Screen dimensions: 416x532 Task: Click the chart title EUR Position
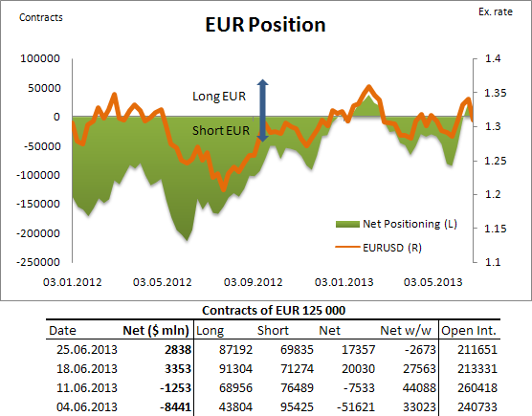point(266,25)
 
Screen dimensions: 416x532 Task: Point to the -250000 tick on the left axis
point(33,262)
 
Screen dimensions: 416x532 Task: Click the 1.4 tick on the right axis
point(493,59)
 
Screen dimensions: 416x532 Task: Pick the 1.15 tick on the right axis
point(493,229)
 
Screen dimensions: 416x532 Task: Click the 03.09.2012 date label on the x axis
point(254,282)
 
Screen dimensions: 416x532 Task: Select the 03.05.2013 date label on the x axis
point(432,282)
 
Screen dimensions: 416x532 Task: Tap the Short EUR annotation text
point(223,131)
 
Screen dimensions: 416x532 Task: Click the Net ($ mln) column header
point(154,330)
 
